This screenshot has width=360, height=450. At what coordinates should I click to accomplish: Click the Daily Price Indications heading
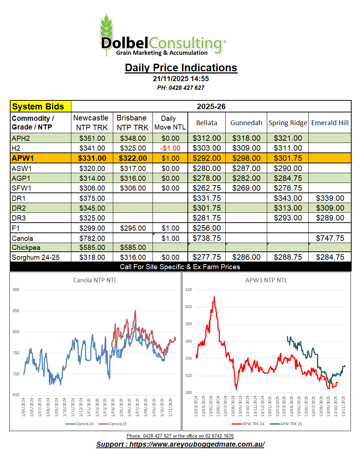(181, 68)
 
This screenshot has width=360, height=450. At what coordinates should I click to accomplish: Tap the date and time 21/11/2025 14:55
(181, 79)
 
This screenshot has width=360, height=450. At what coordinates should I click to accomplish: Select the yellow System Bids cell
(40, 107)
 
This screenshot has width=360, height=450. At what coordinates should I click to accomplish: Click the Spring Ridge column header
(288, 123)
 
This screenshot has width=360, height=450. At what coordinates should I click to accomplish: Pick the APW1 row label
(23, 158)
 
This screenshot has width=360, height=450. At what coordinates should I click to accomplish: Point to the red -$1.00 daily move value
(170, 148)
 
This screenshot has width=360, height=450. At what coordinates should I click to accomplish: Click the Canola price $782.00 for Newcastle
(92, 238)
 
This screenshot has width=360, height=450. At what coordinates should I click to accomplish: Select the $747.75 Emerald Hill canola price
(330, 238)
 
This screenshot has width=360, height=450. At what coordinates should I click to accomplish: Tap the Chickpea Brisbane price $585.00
(133, 247)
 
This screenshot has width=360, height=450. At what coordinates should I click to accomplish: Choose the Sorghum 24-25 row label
(36, 257)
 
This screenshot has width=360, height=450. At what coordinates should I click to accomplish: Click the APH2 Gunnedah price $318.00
(246, 138)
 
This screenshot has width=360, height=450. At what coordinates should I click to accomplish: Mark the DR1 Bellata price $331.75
(206, 198)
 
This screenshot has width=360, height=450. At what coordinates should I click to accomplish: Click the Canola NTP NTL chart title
(95, 280)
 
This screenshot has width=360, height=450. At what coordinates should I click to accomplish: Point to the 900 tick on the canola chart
(16, 290)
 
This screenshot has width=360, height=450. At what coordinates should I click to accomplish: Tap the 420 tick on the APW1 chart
(189, 290)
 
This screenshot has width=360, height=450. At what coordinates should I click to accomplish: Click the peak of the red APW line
(214, 297)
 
